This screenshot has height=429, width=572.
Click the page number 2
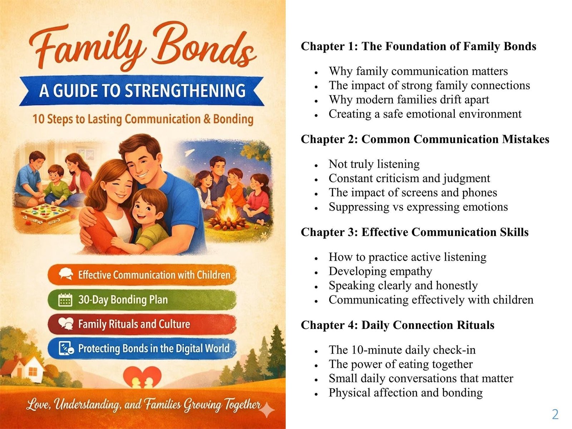(x=555, y=414)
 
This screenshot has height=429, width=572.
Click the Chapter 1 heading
(x=419, y=46)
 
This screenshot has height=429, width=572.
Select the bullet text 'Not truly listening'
(x=374, y=164)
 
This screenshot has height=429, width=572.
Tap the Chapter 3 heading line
(x=415, y=232)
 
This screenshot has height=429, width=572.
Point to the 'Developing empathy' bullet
(x=380, y=271)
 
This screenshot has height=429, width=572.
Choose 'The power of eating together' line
(x=400, y=364)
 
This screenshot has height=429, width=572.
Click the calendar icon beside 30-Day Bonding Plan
(x=65, y=300)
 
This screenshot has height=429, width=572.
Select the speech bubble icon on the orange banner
(x=66, y=274)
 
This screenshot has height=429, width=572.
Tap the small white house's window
(x=33, y=371)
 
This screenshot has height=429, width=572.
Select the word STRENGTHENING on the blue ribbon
(x=185, y=90)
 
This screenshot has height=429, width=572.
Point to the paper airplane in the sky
(x=189, y=152)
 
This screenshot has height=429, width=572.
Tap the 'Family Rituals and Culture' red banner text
(x=134, y=324)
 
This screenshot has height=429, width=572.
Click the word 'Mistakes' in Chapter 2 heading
(x=526, y=139)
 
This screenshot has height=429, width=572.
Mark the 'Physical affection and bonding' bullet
(x=405, y=393)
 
